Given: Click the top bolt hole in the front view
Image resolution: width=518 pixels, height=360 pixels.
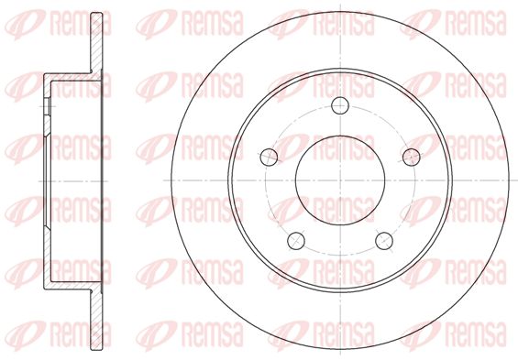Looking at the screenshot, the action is [340, 105].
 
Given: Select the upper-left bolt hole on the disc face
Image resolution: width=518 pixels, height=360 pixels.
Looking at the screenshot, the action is [269, 157].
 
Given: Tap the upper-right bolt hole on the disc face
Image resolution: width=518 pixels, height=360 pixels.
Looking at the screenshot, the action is [412, 157].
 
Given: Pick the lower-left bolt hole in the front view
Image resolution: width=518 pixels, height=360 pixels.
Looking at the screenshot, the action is [296, 241].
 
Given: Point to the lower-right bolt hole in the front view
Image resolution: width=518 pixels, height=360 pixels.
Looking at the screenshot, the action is [384, 241].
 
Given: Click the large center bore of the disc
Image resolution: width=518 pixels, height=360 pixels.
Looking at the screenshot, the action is [340, 180].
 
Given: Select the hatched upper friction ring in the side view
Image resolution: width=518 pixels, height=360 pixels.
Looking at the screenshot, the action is [96, 43].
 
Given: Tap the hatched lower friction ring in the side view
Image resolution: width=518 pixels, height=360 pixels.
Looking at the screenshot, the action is [96, 320].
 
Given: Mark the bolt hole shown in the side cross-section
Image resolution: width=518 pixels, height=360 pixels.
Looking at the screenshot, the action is [48, 106].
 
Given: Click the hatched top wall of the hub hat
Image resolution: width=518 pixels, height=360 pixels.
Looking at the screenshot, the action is [72, 77].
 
